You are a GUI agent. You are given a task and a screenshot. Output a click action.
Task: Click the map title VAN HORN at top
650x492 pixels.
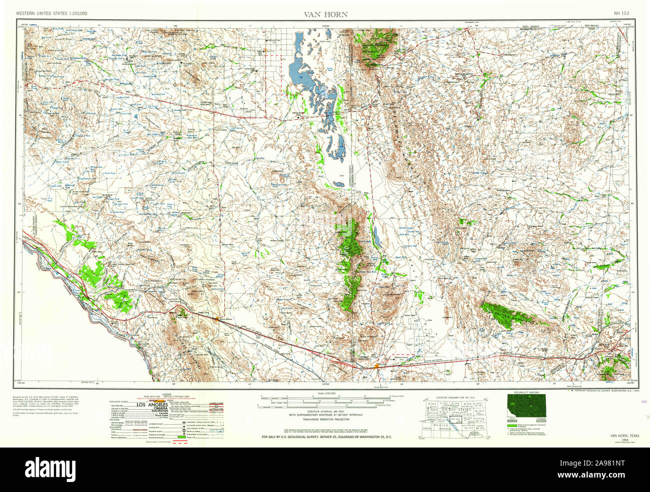[x=325, y=14]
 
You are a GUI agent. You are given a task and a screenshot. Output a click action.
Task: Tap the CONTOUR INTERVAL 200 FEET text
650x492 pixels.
[x=325, y=411]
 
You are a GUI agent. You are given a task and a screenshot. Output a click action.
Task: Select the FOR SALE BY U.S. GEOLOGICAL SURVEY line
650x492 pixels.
[x=325, y=437]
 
